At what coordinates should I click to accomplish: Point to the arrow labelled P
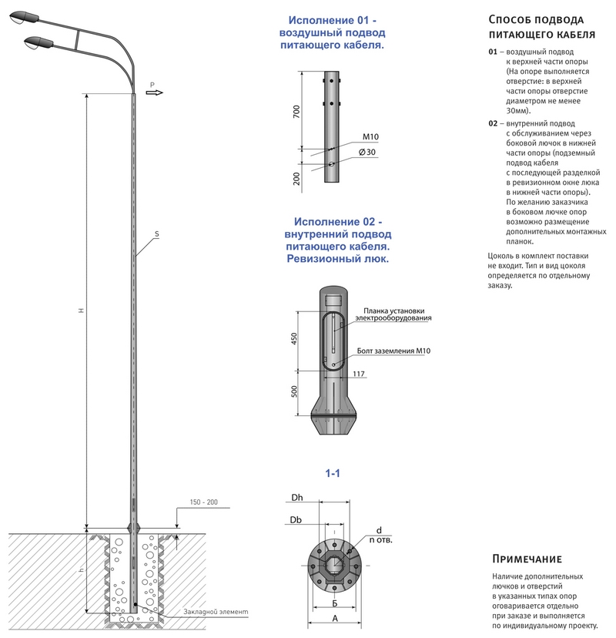click(154, 91)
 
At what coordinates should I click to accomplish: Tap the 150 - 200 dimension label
click(202, 502)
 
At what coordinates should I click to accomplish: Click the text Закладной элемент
click(216, 612)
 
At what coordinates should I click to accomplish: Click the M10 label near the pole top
click(371, 137)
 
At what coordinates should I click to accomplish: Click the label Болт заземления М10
click(393, 351)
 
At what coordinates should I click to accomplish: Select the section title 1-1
click(333, 473)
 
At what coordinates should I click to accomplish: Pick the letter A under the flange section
click(335, 618)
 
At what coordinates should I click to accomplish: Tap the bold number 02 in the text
click(493, 123)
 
